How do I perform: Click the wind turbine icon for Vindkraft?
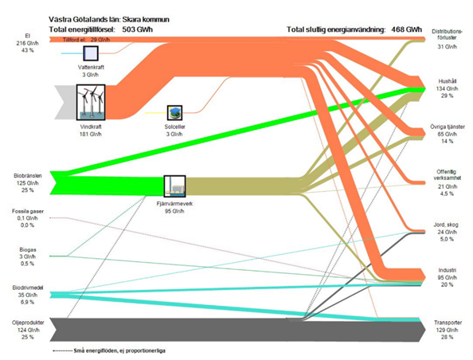pyautogui.click(x=90, y=102)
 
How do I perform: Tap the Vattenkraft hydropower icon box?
pyautogui.click(x=92, y=53)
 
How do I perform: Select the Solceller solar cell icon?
pyautogui.click(x=174, y=112)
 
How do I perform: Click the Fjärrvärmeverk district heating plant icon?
pyautogui.click(x=174, y=186)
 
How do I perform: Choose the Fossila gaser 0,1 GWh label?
pyautogui.click(x=23, y=218)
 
